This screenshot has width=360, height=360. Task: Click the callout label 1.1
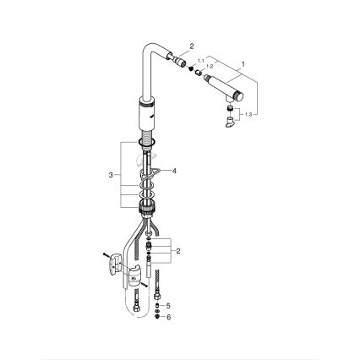pos(201,61)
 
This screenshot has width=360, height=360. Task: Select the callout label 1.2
pos(210,67)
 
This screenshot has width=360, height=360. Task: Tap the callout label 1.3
pos(248,114)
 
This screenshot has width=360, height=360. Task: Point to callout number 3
pos(111,175)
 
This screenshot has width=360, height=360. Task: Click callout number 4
pos(174,171)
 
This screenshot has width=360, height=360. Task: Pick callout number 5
pos(168,305)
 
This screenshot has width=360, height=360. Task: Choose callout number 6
pos(168,317)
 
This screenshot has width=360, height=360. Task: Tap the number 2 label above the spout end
pos(192,46)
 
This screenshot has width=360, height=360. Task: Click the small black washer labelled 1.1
pos(191,68)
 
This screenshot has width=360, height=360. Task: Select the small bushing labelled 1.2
pos(199,73)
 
